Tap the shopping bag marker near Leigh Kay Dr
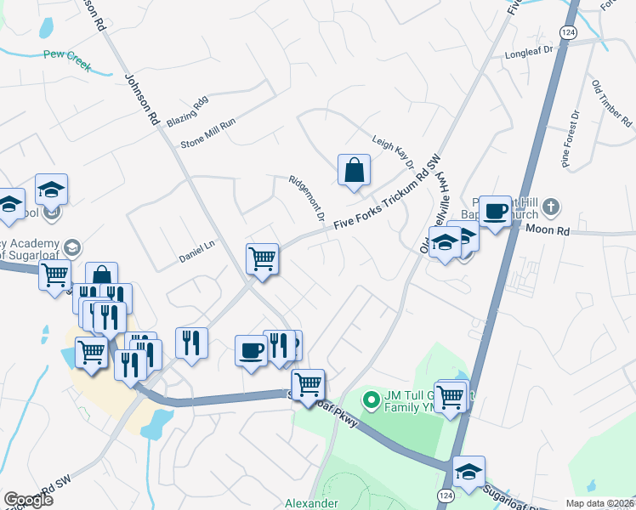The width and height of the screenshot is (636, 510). tap(354, 169)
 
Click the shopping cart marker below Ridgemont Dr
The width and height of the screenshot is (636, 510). tap(262, 258)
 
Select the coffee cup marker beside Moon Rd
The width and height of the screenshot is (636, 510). tap(495, 210)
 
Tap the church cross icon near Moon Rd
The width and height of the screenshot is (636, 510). tap(551, 207)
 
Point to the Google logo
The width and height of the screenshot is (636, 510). tap(28, 500)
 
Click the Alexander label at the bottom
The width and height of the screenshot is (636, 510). tap(310, 503)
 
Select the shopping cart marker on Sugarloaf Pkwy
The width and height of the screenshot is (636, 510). tap(308, 383)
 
